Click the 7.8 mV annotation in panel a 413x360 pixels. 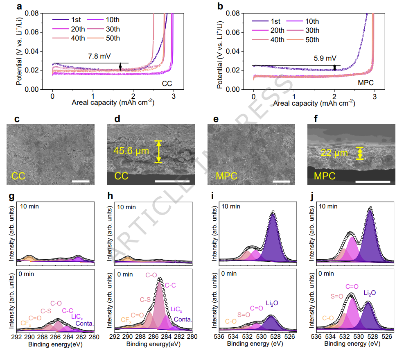pos(99,56)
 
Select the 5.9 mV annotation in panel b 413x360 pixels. pos(325,58)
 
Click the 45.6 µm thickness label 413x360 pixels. pos(131,151)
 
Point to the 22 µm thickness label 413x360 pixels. pos(334,153)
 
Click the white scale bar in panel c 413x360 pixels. pos(81,181)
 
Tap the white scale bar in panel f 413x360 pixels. pos(373,182)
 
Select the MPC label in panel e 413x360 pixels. pos(226,176)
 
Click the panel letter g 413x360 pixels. pos(11,196)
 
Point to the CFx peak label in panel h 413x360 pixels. pos(126,320)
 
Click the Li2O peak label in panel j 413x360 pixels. pos(370,293)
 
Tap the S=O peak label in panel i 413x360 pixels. pos(244,315)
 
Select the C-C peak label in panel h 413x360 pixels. pos(170,285)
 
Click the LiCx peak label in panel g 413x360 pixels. pos(77,317)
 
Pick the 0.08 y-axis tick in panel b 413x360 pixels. pos(233,13)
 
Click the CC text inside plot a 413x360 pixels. pos(167,84)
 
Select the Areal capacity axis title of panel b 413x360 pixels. pos(314,103)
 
